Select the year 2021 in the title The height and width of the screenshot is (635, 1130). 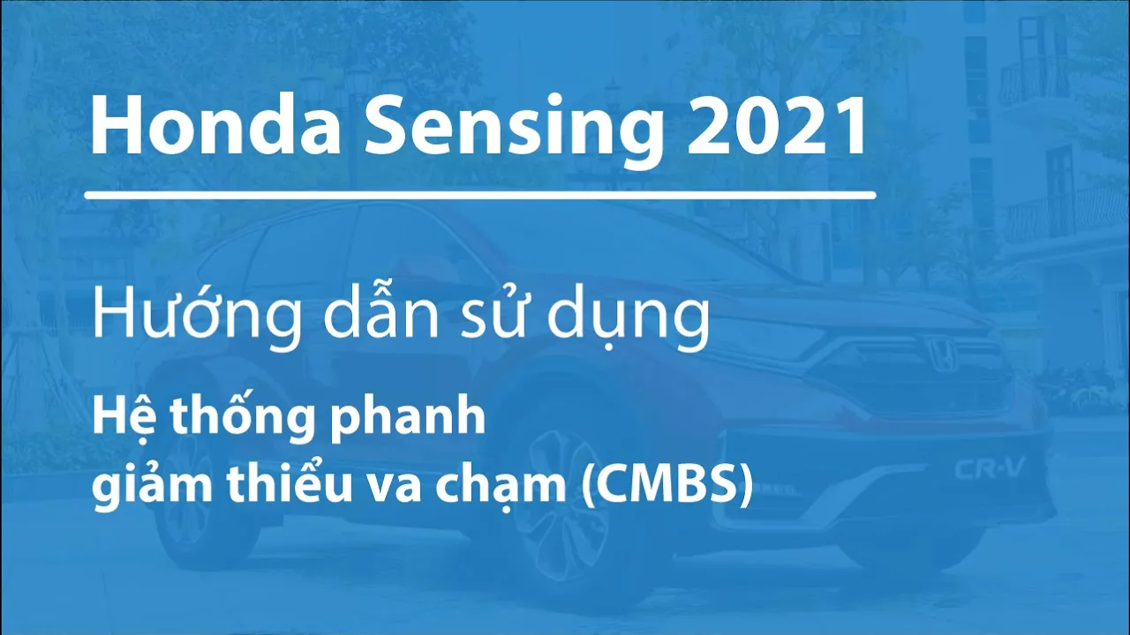tap(773, 126)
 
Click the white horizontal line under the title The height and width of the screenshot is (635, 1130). tap(480, 195)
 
